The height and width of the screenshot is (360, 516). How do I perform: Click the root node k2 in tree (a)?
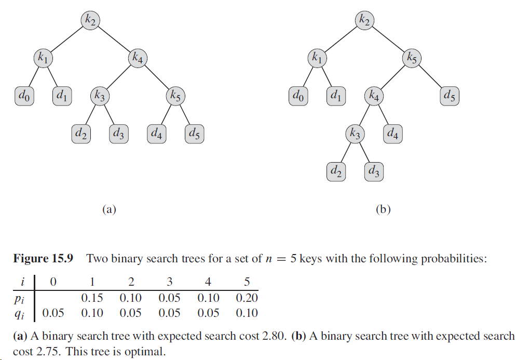click(x=91, y=20)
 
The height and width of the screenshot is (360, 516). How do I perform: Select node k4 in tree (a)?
click(x=137, y=58)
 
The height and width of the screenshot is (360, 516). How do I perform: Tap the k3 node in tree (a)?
click(x=100, y=96)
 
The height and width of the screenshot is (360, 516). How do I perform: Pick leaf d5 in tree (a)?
click(x=194, y=134)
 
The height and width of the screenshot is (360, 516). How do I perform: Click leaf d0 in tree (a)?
click(x=24, y=96)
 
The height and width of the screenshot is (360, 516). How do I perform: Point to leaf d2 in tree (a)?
click(x=81, y=134)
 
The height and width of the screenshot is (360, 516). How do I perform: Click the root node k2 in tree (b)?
click(x=364, y=20)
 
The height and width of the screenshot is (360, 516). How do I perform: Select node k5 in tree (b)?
click(x=411, y=58)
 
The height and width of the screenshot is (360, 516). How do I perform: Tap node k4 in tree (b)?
click(x=374, y=96)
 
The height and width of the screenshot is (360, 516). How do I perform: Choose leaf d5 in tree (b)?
click(x=450, y=96)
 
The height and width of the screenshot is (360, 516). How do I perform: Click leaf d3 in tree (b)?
click(x=374, y=171)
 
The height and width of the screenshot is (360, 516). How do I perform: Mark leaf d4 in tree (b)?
click(x=392, y=134)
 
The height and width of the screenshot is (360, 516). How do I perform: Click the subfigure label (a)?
click(x=108, y=209)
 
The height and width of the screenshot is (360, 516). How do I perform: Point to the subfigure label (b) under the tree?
click(x=383, y=209)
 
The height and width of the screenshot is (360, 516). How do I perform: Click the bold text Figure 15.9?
click(x=43, y=258)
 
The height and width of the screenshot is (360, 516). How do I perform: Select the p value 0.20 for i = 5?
click(x=247, y=298)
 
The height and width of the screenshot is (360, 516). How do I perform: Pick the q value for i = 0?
click(x=53, y=313)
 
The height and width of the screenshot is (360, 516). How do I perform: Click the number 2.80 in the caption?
click(x=273, y=336)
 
